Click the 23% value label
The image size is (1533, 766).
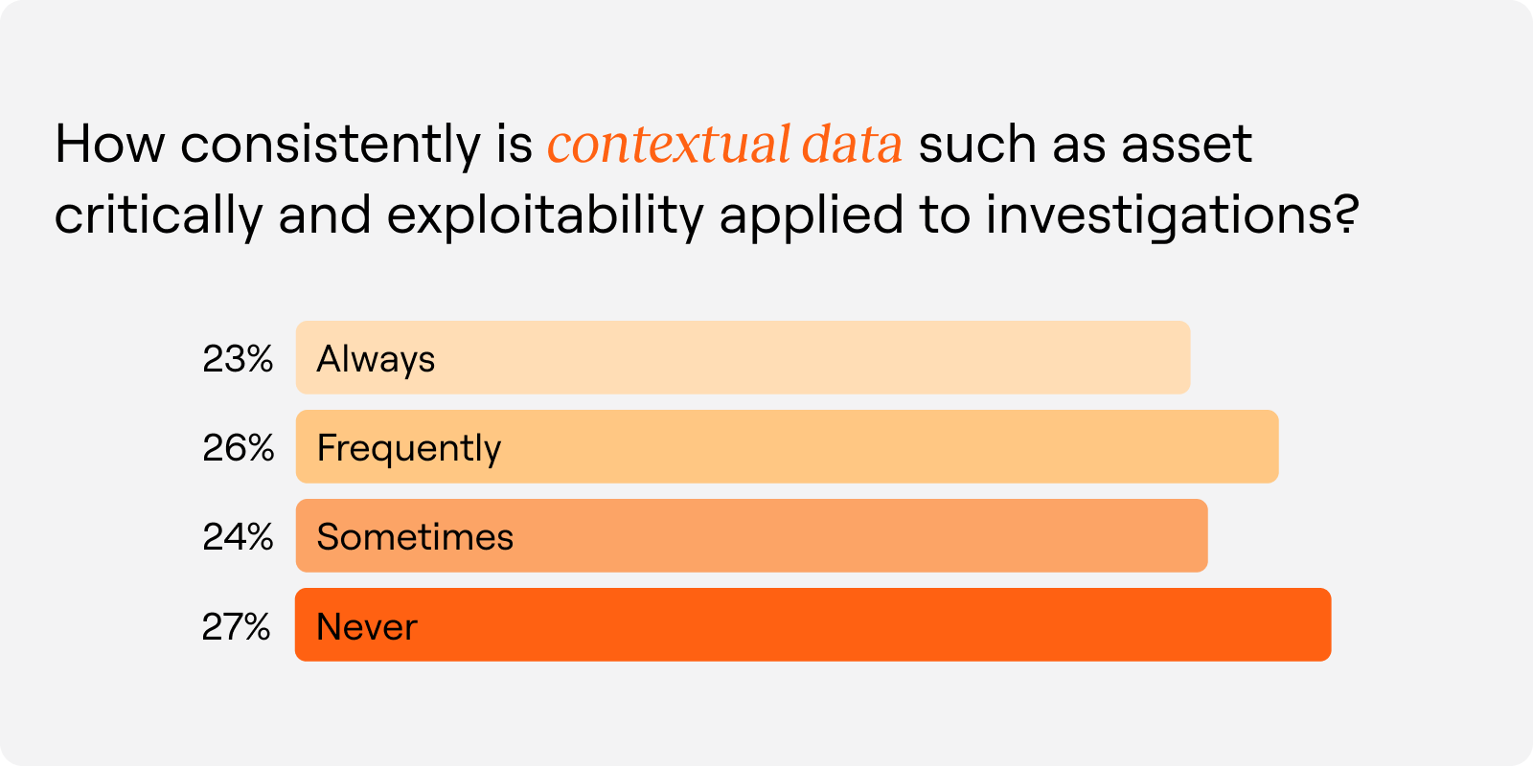pos(238,359)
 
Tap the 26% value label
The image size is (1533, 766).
pos(238,448)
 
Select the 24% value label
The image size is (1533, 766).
pos(238,537)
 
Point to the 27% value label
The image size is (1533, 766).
pos(237,627)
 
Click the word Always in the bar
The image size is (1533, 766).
pos(376,359)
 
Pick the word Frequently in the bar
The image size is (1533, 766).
pos(408,448)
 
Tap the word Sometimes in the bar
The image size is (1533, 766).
pos(415,537)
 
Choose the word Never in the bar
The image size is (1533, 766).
pos(367,627)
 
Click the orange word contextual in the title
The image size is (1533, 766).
pos(669,145)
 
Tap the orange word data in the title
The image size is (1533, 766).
pos(852,145)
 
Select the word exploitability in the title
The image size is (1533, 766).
pos(545,215)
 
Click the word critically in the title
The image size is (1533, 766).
pos(158,215)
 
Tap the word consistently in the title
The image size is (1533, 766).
pos(331,145)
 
